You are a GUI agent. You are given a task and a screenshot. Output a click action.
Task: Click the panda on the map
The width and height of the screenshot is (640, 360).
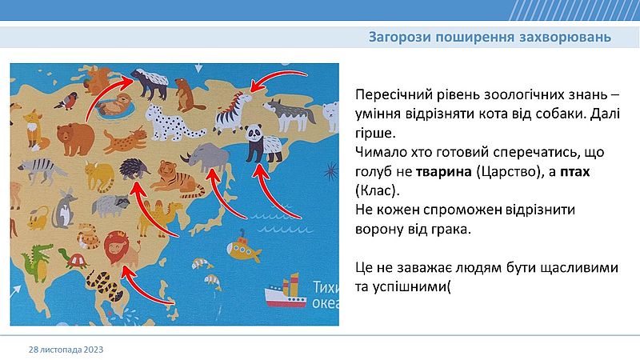click(263, 144)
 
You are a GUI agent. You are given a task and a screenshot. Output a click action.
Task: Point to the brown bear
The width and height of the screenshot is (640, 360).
click(75, 139)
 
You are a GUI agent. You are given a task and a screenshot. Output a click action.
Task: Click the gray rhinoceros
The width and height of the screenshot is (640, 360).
click(206, 158)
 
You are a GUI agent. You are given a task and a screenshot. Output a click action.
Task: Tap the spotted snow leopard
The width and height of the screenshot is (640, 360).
click(174, 122)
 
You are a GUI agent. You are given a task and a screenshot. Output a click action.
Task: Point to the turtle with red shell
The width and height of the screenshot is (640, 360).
click(74, 258)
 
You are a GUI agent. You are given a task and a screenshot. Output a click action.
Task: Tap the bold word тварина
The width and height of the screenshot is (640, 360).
click(444, 171)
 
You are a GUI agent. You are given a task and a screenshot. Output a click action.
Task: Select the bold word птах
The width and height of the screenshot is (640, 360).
click(574, 171)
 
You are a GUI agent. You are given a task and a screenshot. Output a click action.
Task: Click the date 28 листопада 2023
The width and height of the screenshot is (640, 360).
click(66, 350)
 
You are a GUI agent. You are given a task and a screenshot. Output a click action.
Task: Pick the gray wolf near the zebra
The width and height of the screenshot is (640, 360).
click(290, 114)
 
